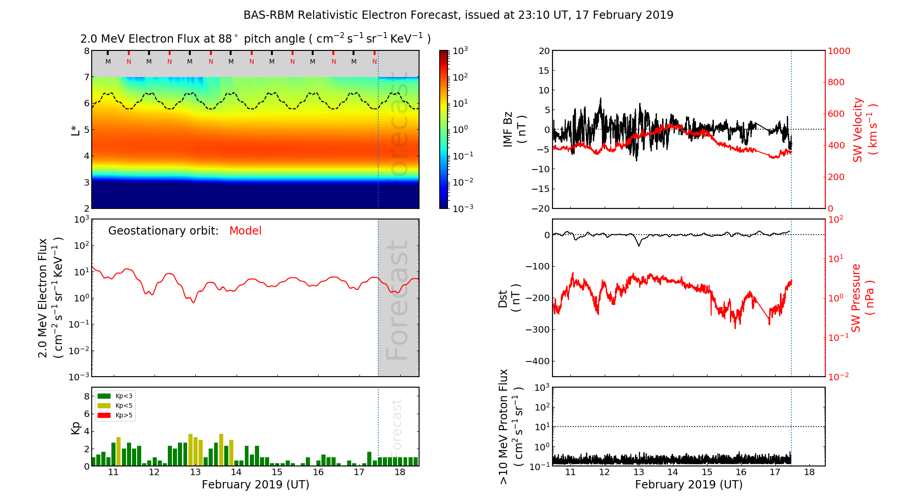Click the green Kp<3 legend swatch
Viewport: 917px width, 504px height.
[104, 396]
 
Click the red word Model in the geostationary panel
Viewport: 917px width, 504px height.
[245, 231]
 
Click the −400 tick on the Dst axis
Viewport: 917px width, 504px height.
[538, 361]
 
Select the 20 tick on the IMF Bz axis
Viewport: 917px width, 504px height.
[544, 51]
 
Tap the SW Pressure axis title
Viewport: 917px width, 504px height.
[862, 298]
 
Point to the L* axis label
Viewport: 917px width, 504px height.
[75, 129]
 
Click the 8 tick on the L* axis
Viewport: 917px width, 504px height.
[86, 51]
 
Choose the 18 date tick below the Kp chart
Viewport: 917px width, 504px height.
[400, 472]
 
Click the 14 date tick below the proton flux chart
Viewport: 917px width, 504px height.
[673, 472]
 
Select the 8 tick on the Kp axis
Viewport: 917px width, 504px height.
[87, 396]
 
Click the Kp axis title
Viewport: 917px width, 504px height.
[76, 427]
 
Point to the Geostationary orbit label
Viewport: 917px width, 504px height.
[163, 231]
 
